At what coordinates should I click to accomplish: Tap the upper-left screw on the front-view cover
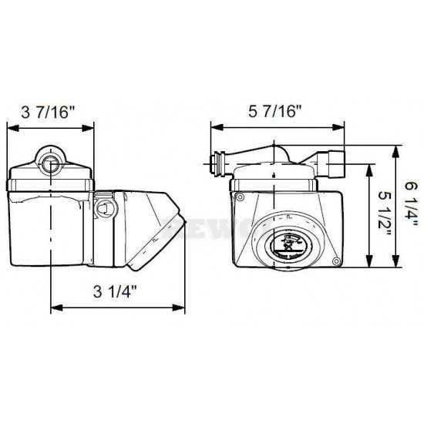(x=241, y=198)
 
